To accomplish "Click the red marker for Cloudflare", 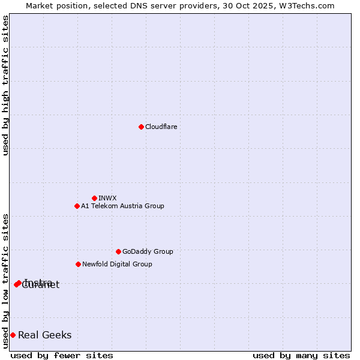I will pos(141,127).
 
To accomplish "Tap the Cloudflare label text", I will pos(161,127).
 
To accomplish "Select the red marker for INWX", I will pos(94,198).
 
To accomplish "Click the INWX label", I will pos(107,198).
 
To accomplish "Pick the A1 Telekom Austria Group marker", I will pos(77,206).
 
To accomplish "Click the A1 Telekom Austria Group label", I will pos(122,206).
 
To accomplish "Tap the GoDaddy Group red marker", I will pos(118,251).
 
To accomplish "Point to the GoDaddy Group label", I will pos(148,251).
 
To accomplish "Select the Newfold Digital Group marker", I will pos(78,264).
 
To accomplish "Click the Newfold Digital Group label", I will pos(117,264).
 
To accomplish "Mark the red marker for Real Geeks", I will pos(13,335).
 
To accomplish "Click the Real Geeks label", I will pos(45,335).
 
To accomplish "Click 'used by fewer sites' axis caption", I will pos(62,355).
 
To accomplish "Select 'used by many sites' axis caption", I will pos(301,355).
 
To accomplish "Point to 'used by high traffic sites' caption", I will pos(5,85).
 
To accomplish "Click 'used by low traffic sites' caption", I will pos(5,280).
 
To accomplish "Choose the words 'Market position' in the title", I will pos(55,5).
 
